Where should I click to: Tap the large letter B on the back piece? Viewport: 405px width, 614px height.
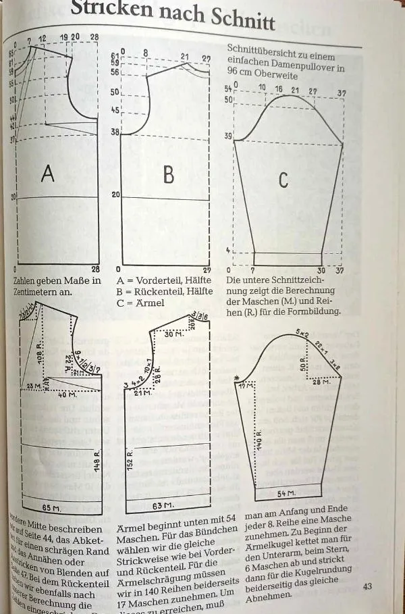click(168, 174)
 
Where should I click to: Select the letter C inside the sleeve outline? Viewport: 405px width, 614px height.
click(283, 180)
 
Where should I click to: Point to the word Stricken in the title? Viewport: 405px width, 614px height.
click(113, 9)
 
